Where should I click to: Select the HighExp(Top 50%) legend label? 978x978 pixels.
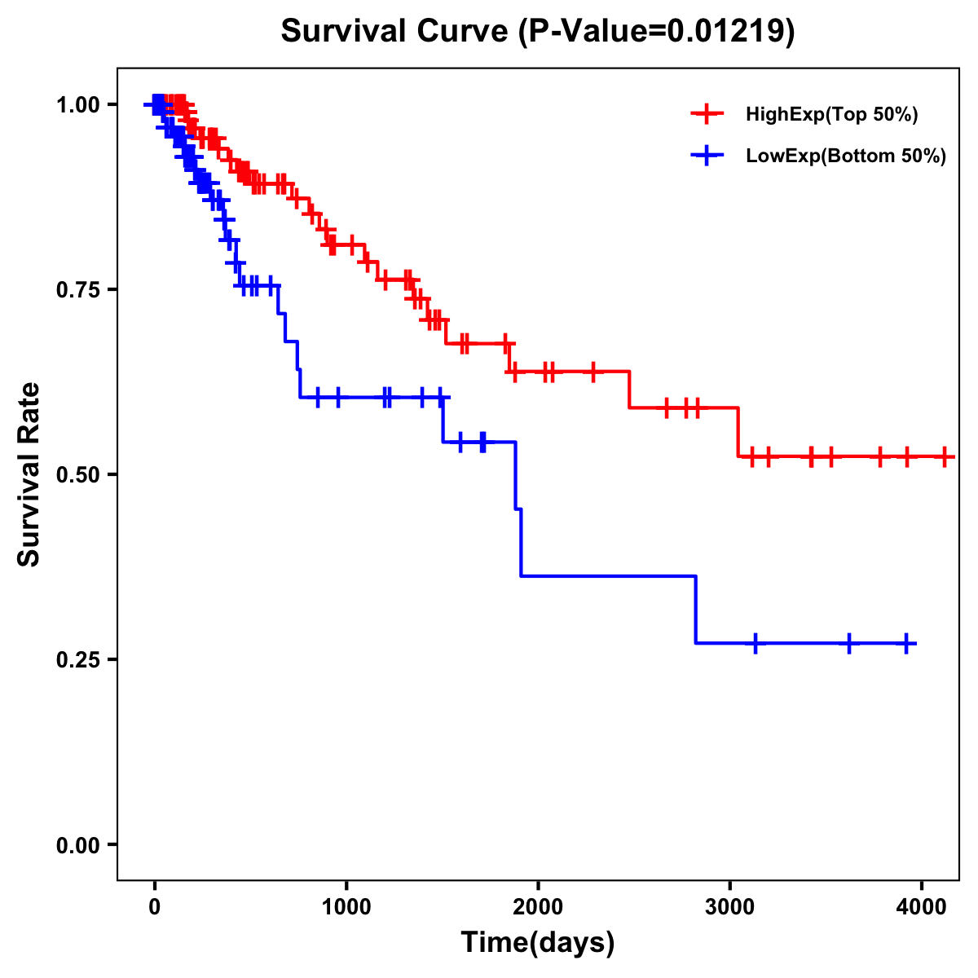click(831, 115)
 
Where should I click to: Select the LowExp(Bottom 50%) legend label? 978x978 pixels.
click(846, 156)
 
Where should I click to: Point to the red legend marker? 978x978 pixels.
click(707, 114)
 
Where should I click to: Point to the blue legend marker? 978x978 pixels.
click(707, 156)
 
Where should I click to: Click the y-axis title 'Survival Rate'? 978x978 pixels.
click(29, 474)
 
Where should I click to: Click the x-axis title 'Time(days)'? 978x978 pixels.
click(538, 942)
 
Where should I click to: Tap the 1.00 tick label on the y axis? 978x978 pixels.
click(77, 105)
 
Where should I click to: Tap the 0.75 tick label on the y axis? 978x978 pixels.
click(77, 290)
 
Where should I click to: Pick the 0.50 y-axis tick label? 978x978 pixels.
click(77, 475)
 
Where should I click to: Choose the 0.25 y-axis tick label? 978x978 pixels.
click(77, 660)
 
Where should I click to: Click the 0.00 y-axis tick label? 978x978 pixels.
click(77, 845)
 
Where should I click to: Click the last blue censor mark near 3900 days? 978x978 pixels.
click(906, 644)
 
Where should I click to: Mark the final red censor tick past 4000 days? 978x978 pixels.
click(944, 456)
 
